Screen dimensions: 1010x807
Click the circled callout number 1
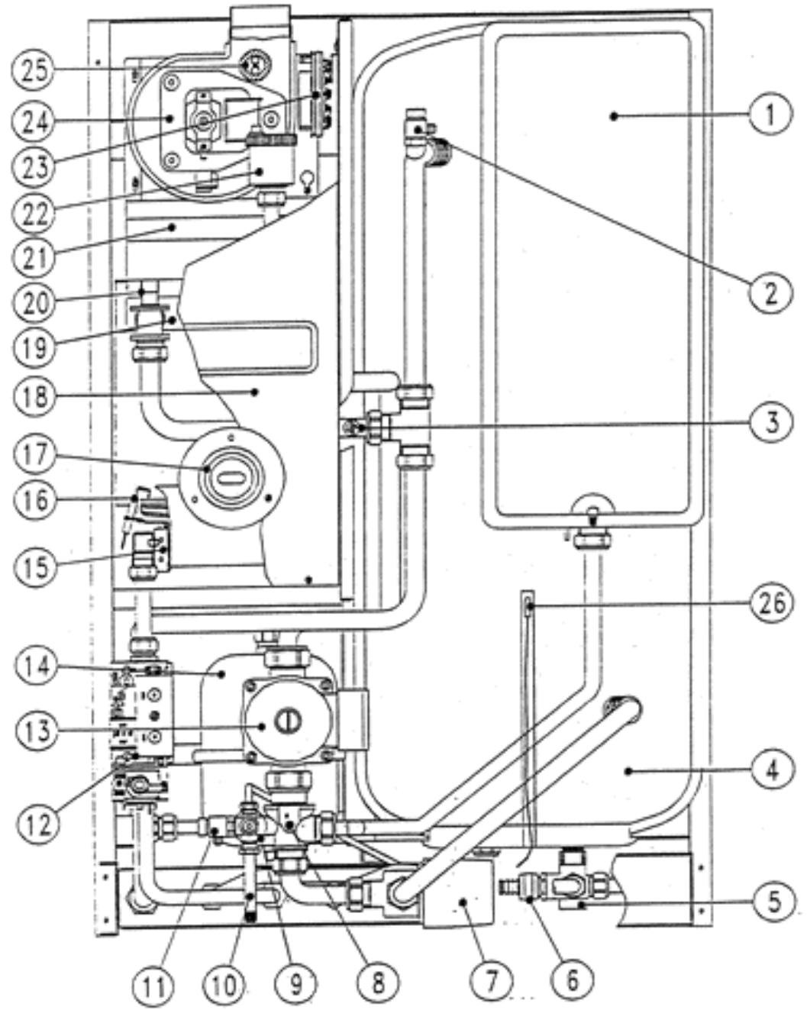pos(770,116)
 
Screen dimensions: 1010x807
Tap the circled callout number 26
pos(770,604)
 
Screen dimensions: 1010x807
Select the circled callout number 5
pos(770,902)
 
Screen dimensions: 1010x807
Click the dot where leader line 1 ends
pos(612,115)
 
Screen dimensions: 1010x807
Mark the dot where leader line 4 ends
pos(628,772)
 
